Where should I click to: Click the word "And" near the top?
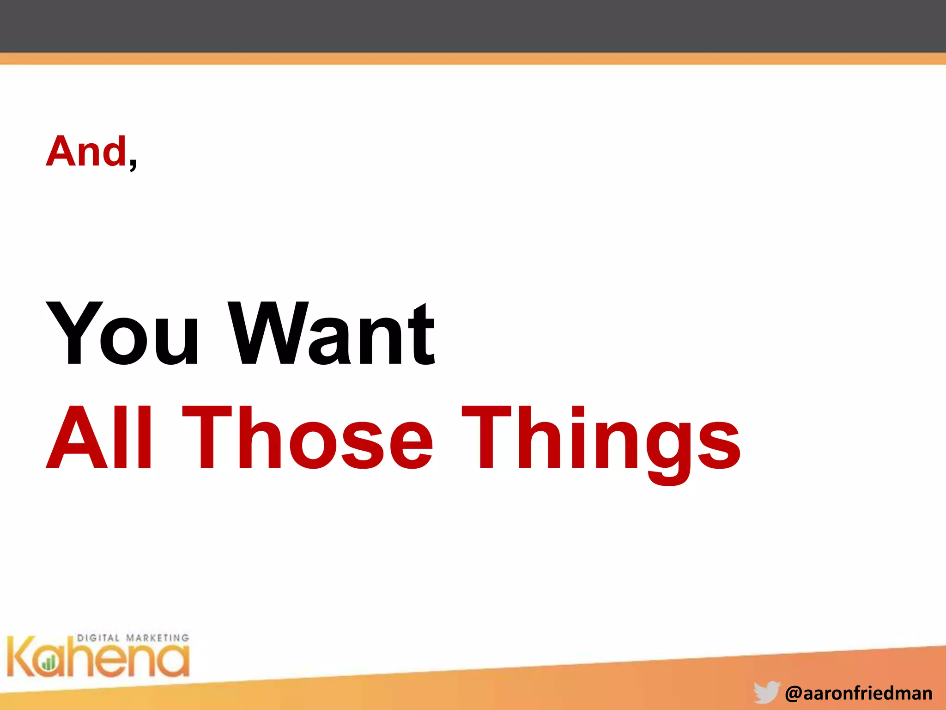click(x=86, y=151)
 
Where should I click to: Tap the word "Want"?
click(x=332, y=333)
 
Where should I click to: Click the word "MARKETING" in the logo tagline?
click(x=158, y=638)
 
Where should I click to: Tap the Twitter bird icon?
click(x=766, y=692)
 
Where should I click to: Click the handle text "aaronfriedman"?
click(x=867, y=693)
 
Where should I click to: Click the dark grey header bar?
click(x=473, y=26)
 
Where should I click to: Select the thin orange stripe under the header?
click(x=473, y=59)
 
